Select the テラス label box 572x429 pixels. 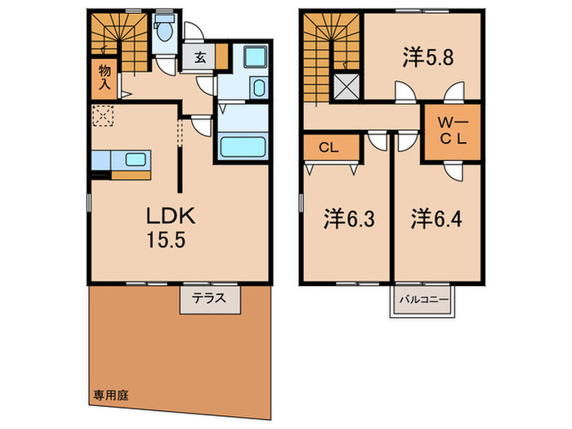[x=211, y=299]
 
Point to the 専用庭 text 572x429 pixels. [x=110, y=394]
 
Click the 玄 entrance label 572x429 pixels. [x=200, y=58]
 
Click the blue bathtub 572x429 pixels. [x=243, y=145]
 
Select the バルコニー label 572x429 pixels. [x=423, y=300]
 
